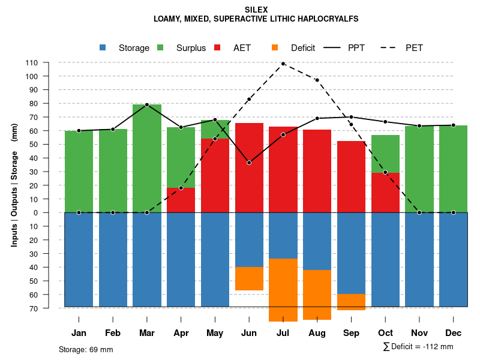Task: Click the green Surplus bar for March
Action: [147, 158]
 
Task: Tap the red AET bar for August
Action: [317, 171]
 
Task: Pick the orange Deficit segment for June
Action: [249, 278]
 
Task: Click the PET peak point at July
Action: [283, 64]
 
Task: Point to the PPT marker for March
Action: [147, 105]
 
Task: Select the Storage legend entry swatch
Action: [103, 48]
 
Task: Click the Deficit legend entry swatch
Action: [275, 48]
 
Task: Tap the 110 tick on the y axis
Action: [32, 62]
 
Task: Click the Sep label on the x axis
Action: [351, 333]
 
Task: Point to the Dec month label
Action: [453, 333]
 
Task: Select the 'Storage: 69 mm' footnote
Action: [86, 349]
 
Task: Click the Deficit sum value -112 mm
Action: [439, 347]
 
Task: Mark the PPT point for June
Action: [249, 163]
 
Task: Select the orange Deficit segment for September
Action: [351, 302]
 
